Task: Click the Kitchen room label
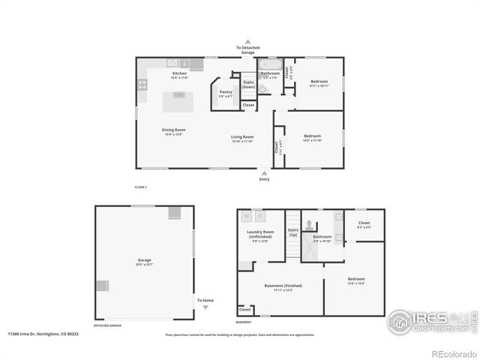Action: (x=179, y=74)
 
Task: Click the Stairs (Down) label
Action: (x=248, y=84)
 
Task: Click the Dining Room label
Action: (x=173, y=131)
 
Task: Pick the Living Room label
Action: (x=241, y=138)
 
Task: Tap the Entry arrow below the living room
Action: (x=264, y=172)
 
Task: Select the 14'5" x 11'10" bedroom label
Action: (x=312, y=138)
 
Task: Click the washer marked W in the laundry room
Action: (x=247, y=217)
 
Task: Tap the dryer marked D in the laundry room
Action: (x=260, y=217)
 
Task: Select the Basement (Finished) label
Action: (x=283, y=286)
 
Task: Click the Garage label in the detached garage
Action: (x=144, y=262)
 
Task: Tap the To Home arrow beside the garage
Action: (x=205, y=308)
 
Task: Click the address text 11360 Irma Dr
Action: (x=35, y=334)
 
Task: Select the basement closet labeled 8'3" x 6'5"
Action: (x=364, y=224)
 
